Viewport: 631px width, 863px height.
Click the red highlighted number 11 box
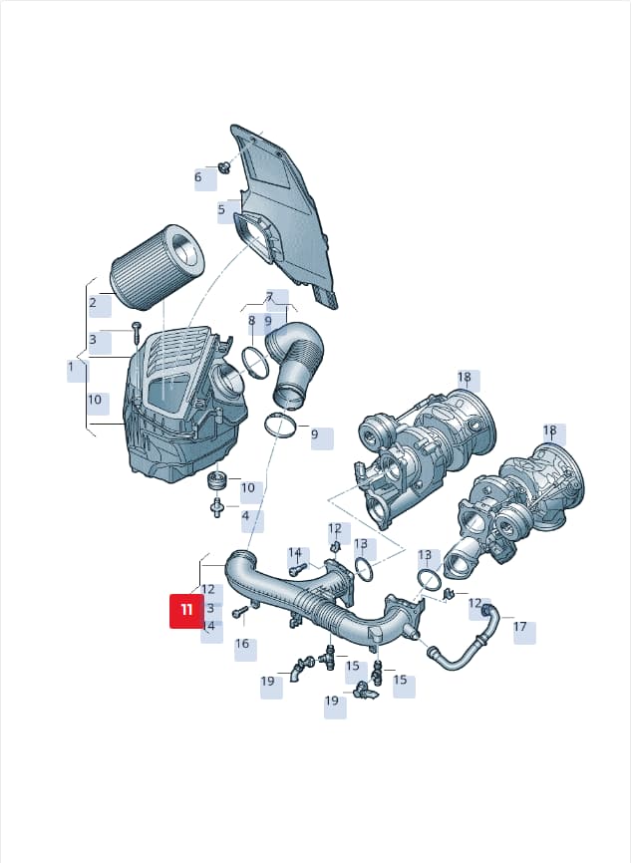[x=186, y=610]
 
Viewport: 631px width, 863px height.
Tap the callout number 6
[x=198, y=177]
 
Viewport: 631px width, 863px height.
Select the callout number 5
[x=221, y=209]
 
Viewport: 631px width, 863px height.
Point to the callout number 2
[x=93, y=302]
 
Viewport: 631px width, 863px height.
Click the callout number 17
[x=519, y=627]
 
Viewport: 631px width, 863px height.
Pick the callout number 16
[x=242, y=644]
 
